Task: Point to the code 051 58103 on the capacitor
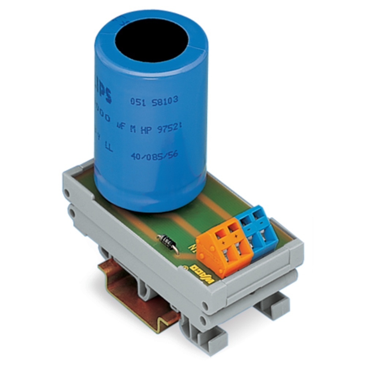click(x=154, y=102)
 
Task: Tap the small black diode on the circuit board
click(x=167, y=241)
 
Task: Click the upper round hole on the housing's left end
click(x=67, y=192)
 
